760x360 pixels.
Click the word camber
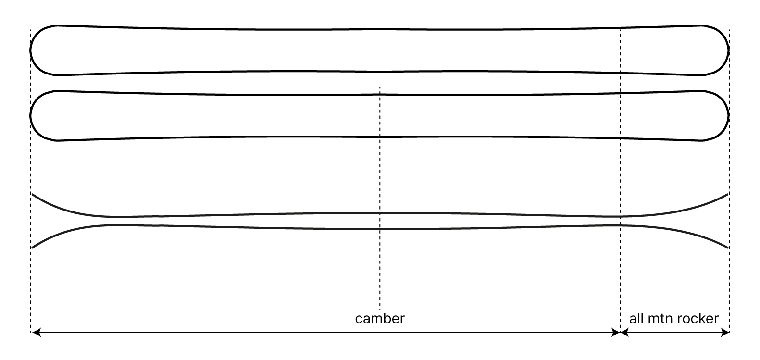(380, 319)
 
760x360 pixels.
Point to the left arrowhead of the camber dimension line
(37, 333)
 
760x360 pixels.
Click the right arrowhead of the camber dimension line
(615, 333)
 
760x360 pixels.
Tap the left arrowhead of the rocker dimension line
(624, 333)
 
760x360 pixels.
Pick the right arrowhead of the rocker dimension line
(725, 333)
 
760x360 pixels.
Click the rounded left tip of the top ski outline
(31, 50)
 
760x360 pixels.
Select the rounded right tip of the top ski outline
(729, 50)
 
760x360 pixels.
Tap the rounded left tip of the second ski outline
(31, 116)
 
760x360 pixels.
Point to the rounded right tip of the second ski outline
(729, 116)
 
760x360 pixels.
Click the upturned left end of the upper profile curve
(33, 195)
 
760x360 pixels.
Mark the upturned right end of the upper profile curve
(728, 194)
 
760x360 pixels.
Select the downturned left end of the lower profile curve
(33, 248)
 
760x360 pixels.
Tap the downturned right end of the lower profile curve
(728, 248)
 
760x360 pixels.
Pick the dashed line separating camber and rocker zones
(620, 180)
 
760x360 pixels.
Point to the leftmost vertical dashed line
(31, 180)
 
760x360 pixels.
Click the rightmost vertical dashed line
(729, 180)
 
